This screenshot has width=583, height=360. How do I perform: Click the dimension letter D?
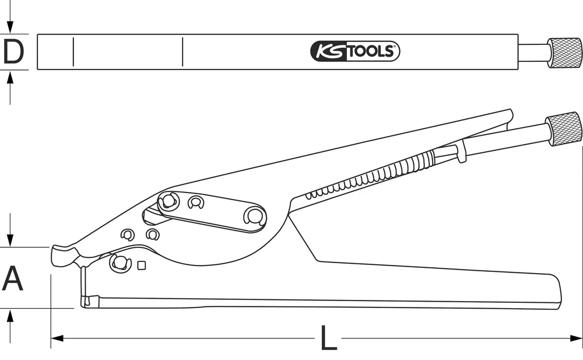[x=13, y=52]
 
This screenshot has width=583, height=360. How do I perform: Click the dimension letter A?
[x=13, y=278]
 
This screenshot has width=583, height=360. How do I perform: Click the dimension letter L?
[x=329, y=338]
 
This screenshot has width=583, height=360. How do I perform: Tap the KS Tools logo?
[x=355, y=51]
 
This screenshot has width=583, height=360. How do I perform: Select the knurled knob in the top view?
[x=564, y=53]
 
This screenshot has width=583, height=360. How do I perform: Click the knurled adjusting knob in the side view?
[x=564, y=129]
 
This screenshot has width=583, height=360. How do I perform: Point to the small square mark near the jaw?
[x=141, y=265]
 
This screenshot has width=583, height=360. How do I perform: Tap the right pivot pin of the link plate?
[x=254, y=216]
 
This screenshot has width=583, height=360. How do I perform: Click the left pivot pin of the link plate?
[x=168, y=201]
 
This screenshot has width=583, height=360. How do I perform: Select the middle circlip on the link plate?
[x=196, y=203]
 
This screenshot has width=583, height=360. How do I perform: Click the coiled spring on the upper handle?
[x=373, y=176]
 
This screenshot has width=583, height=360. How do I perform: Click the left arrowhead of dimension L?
[x=55, y=338]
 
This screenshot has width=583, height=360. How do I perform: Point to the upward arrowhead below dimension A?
[x=9, y=316]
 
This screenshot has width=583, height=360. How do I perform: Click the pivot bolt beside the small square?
[x=120, y=263]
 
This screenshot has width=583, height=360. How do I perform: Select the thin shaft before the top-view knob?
[x=533, y=53]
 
